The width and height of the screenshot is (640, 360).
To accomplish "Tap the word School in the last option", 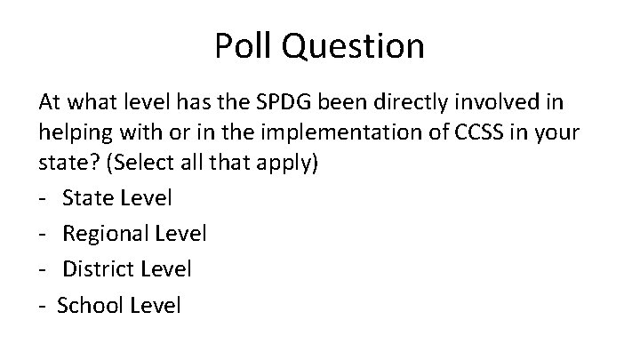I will pyautogui.click(x=89, y=305).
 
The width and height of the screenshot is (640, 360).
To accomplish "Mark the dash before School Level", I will pyautogui.click(x=44, y=306).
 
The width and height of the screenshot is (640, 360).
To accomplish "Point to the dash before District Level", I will pyautogui.click(x=44, y=268).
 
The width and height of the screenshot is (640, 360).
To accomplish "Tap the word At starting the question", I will pyautogui.click(x=50, y=102).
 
